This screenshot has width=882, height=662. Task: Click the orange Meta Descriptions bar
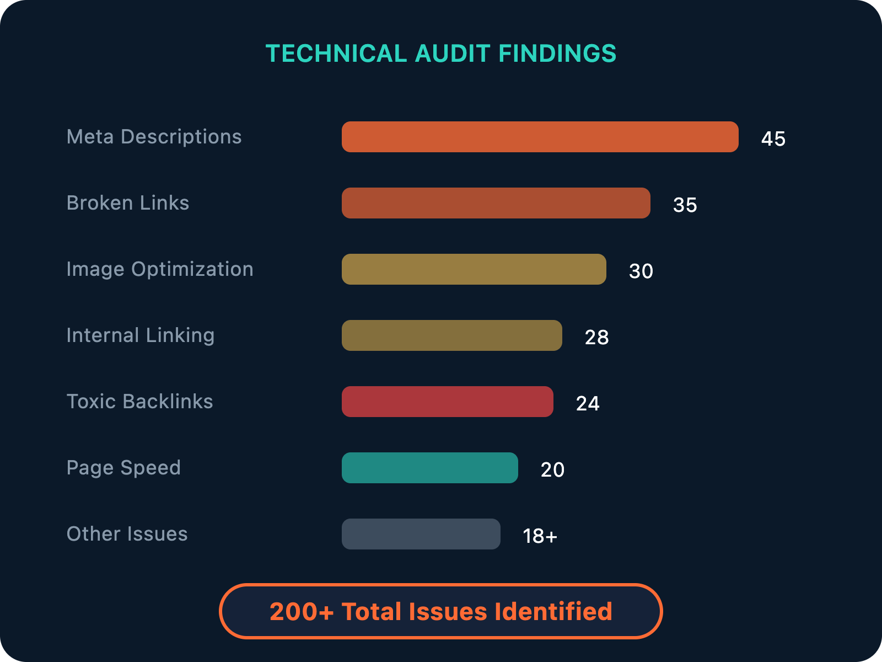point(540,137)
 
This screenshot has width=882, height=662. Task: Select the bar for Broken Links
point(496,203)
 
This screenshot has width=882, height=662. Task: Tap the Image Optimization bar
point(474,269)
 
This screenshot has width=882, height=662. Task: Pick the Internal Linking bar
point(451,335)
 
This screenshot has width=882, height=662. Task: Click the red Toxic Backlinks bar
point(447,402)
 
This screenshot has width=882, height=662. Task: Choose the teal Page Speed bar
point(429,468)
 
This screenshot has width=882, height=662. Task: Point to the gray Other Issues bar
point(421,534)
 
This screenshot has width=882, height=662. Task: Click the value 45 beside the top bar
point(773,138)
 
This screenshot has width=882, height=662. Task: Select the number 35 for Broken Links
point(685,205)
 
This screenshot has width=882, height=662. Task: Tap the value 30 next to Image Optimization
point(641,271)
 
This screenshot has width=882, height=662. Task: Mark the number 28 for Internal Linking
point(596,337)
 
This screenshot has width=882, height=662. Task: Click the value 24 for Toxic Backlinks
point(588,403)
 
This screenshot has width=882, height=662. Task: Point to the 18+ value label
point(540,536)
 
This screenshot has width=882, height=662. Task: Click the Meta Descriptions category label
point(154,137)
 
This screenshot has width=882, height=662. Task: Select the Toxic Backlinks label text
point(139,402)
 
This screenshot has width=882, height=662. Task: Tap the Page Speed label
point(123,468)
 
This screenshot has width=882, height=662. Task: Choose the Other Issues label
point(127,534)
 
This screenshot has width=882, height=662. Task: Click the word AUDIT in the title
point(452,54)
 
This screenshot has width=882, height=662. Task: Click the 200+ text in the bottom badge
point(302,611)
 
